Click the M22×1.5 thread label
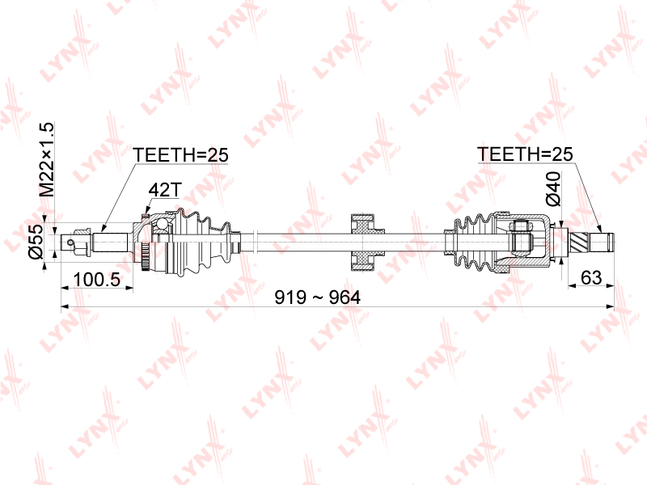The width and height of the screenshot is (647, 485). tap(46, 159)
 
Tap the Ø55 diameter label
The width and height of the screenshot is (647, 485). tap(36, 241)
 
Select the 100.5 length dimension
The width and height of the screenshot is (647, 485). tap(96, 280)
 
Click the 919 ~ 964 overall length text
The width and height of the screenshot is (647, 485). tap(317, 297)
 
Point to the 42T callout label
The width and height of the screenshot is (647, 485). tap(165, 190)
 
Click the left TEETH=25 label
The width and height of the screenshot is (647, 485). tap(180, 155)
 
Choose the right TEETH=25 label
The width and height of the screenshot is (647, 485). tap(525, 154)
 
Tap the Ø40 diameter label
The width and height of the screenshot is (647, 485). tap(553, 188)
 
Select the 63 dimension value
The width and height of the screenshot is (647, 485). tap(591, 277)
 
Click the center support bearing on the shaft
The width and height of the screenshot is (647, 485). tap(362, 242)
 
